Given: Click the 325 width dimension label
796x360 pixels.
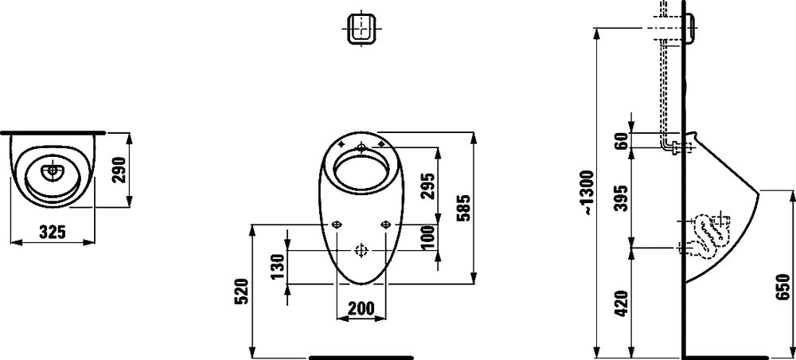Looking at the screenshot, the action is tap(53, 232).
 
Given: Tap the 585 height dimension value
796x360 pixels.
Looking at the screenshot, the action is tap(463, 208).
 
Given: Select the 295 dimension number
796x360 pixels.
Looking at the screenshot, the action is tap(428, 186).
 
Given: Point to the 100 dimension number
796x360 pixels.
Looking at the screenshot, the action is tap(428, 237).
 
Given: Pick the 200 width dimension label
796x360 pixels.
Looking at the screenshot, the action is tap(361, 307).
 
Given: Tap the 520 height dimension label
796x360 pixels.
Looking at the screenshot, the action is tap(242, 291).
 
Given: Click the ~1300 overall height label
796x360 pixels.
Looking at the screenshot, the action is tap(587, 193).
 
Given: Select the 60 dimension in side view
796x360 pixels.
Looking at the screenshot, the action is tap(620, 140).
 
